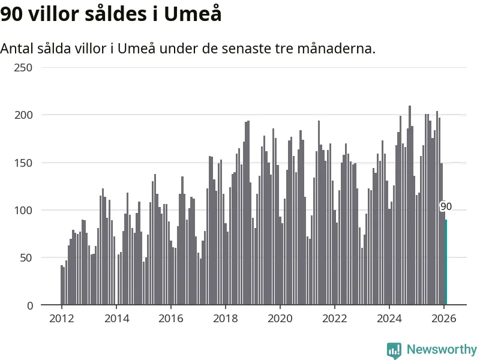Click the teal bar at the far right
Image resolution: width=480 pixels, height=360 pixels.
coord(446,263)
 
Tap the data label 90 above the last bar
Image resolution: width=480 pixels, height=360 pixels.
coord(446,206)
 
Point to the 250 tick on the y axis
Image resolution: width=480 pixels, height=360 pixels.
coord(23,68)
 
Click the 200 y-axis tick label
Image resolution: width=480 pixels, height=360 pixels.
coord(23,115)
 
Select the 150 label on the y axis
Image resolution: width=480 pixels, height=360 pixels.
coord(23,163)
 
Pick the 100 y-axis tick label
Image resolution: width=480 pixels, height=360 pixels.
coord(23,211)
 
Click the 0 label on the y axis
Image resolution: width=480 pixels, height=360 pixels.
coord(30,305)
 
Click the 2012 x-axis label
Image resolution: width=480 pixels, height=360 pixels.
coord(62,319)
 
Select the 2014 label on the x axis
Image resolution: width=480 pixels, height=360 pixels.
coord(116,319)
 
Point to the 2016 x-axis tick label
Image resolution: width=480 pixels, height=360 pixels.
coord(171,319)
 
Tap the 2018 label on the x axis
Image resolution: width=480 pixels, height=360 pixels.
coord(226,319)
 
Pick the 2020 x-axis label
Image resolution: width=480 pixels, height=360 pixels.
coord(280,319)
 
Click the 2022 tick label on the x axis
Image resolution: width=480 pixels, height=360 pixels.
coord(335,319)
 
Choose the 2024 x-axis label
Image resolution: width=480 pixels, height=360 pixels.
coord(389,319)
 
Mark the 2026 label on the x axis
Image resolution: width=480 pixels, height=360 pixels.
coord(444,319)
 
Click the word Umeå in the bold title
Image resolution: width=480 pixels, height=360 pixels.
coord(193,14)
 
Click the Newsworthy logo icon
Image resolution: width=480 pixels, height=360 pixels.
coord(394,350)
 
